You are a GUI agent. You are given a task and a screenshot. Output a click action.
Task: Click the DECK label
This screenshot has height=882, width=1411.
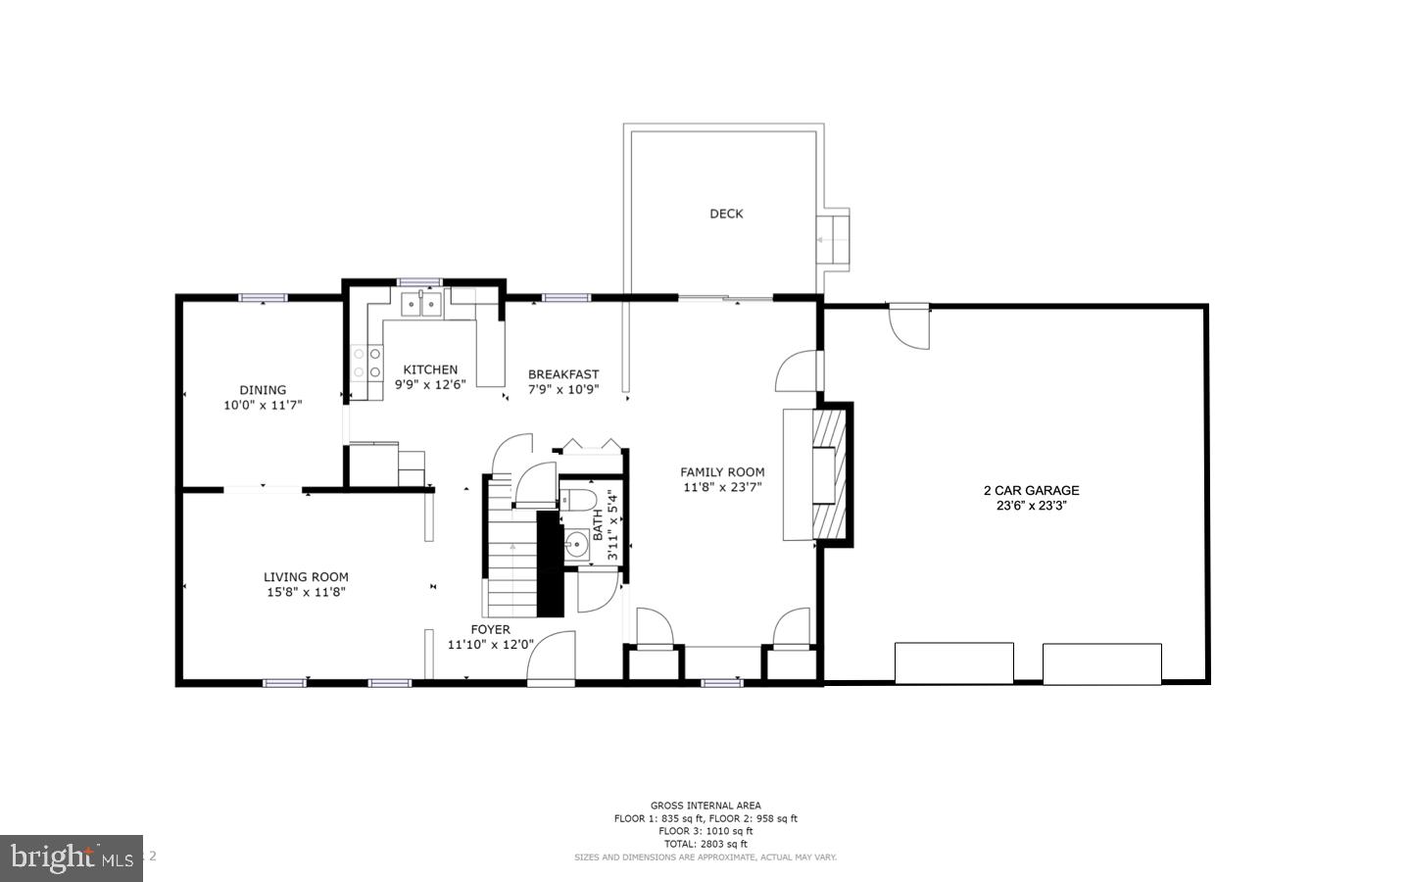coord(726,214)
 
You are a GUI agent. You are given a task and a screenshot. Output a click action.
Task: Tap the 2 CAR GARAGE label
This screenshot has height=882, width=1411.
coord(1031,490)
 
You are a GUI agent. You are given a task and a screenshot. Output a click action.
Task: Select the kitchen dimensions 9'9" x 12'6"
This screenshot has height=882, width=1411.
coord(430,384)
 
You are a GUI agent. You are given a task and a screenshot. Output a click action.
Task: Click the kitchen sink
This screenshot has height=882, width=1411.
coord(421,304)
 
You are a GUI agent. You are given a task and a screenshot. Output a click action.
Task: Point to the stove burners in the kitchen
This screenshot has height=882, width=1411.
coord(366,363)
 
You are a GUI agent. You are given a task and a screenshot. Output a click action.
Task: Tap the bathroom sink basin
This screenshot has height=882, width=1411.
coord(575,546)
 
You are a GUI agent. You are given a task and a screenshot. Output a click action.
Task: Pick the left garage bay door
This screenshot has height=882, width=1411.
coord(953,663)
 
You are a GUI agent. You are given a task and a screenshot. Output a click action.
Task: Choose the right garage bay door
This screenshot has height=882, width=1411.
coord(1101,663)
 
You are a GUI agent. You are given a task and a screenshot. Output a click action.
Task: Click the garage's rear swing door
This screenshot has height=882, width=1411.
coord(908,324)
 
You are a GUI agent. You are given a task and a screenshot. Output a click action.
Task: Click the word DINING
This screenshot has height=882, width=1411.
coord(263,390)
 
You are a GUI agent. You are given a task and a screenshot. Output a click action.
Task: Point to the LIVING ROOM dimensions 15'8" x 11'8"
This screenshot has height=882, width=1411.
coord(306,592)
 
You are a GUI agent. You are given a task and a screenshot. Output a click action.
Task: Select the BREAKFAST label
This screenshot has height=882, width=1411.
coord(562,374)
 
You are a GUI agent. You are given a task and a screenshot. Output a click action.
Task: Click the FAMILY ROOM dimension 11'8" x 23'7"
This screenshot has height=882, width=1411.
coord(722,487)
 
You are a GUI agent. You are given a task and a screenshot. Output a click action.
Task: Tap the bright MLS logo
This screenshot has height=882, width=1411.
coord(71,858)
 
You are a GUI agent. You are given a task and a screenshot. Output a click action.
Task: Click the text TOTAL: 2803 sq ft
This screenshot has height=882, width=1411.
coord(705,844)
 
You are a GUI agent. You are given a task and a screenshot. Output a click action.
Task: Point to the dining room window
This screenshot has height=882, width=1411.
coord(263,297)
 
